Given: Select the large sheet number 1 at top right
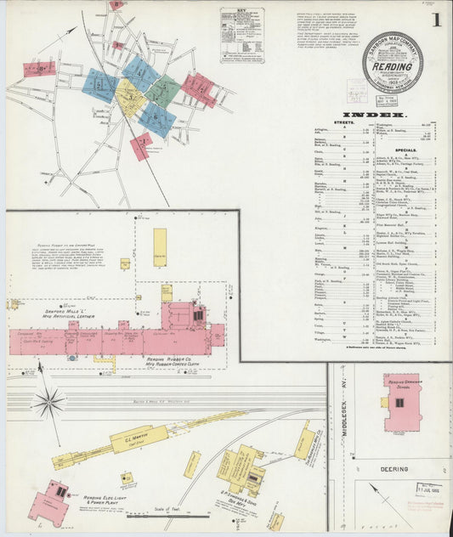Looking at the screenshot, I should pyautogui.click(x=435, y=20).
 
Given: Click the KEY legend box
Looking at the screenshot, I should pyautogui.click(x=241, y=35).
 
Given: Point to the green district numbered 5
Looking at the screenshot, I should pyautogui.click(x=163, y=91).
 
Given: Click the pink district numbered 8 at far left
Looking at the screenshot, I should pyautogui.click(x=39, y=69).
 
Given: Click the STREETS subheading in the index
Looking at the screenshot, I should pyautogui.click(x=343, y=122).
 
